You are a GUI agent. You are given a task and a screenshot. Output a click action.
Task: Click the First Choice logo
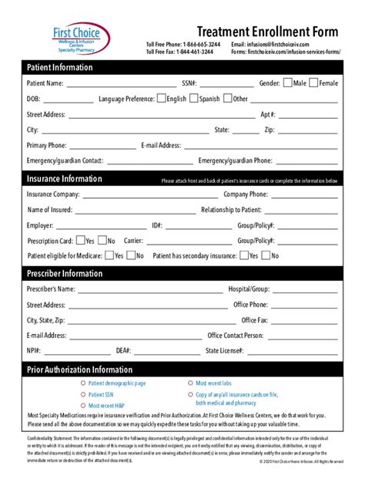coord(77,37)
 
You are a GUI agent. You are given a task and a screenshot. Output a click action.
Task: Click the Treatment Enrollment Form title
coord(267,32)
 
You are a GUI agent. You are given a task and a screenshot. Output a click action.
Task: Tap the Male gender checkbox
coord(288,83)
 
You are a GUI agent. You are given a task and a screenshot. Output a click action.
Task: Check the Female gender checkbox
coord(314,83)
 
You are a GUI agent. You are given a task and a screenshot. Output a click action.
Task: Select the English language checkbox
coord(161,99)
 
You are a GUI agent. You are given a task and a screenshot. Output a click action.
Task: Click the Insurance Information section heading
coord(65,179)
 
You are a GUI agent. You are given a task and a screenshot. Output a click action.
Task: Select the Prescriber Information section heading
coord(65,273)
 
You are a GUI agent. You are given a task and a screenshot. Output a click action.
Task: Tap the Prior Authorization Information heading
coord(80,370)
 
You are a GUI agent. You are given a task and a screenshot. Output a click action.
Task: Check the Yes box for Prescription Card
coord(80,241)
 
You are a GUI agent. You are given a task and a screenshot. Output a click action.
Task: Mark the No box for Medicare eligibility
coord(131,255)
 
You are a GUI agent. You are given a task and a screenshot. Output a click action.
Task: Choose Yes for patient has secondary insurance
coord(243,255)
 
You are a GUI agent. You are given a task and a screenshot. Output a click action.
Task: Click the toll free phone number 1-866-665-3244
coord(201,45)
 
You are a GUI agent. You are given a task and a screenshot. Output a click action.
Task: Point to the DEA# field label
coord(123,350)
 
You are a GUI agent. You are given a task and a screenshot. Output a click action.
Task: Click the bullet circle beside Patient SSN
coord(83,394)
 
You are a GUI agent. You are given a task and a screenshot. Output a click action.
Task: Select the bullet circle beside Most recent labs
coord(190,383)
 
